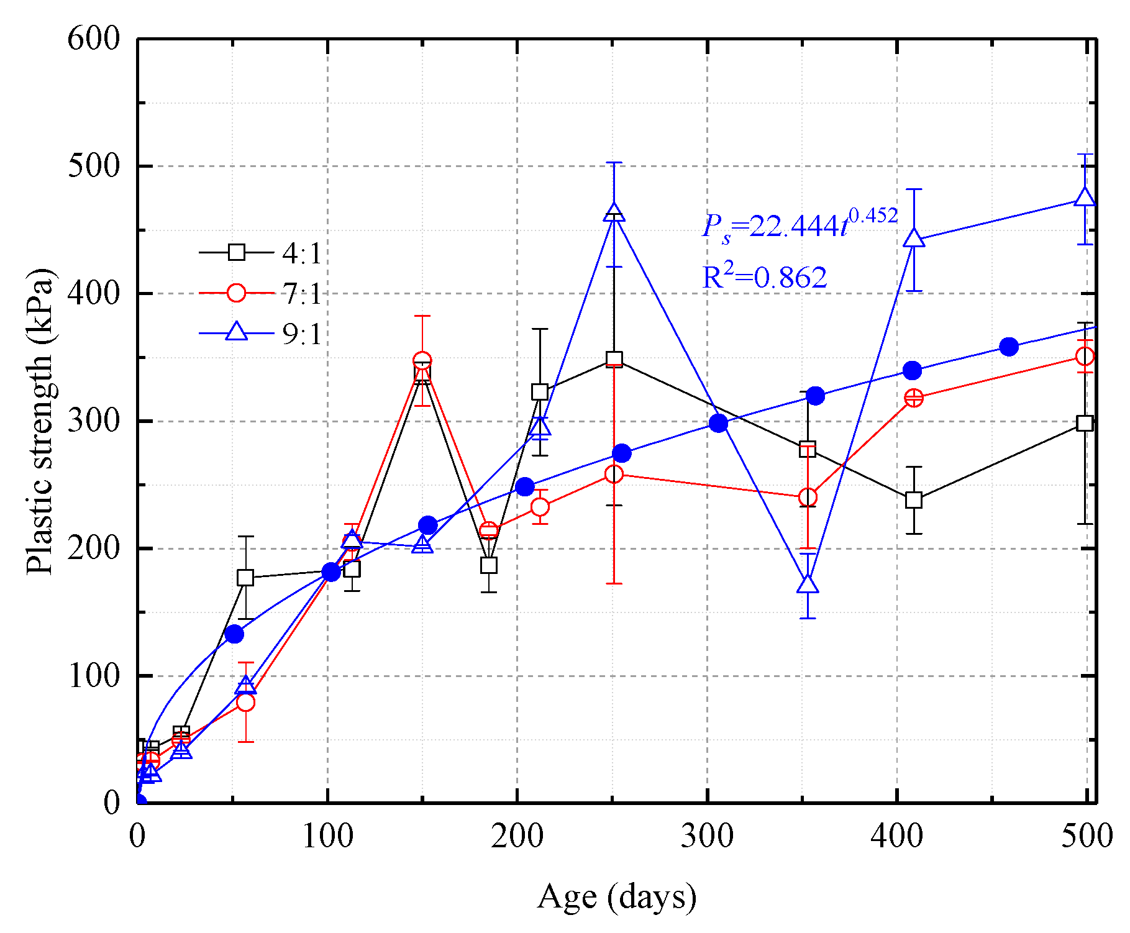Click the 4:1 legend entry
click(x=261, y=253)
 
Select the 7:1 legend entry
click(x=261, y=293)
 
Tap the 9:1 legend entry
click(x=261, y=334)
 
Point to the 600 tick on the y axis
click(x=93, y=39)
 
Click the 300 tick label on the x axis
click(x=707, y=836)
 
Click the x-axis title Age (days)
click(x=616, y=896)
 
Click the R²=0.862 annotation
click(x=764, y=277)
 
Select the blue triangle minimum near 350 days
click(x=808, y=585)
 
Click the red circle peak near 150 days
click(x=422, y=361)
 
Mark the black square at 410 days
click(x=914, y=500)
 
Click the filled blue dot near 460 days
click(x=1009, y=347)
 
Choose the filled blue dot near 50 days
click(x=234, y=634)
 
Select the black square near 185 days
click(x=489, y=565)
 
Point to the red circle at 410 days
click(x=914, y=398)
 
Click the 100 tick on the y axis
click(x=93, y=676)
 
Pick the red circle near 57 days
click(x=246, y=702)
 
